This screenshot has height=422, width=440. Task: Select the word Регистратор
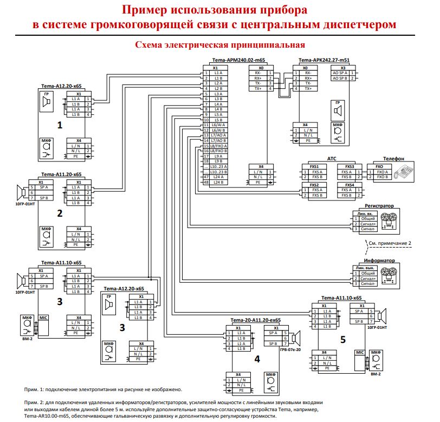tap(378, 206)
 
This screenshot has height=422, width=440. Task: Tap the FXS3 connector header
tap(350, 167)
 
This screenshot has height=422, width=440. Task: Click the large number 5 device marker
tap(342, 340)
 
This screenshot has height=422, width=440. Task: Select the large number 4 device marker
tap(257, 359)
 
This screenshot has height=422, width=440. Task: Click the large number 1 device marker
tap(60, 124)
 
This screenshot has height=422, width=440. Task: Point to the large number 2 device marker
tap(60, 213)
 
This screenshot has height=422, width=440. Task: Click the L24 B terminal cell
tap(218, 182)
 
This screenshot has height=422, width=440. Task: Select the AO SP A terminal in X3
tap(340, 73)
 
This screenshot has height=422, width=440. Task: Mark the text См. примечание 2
tap(389, 243)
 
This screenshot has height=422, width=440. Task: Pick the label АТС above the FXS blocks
tap(332, 159)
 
